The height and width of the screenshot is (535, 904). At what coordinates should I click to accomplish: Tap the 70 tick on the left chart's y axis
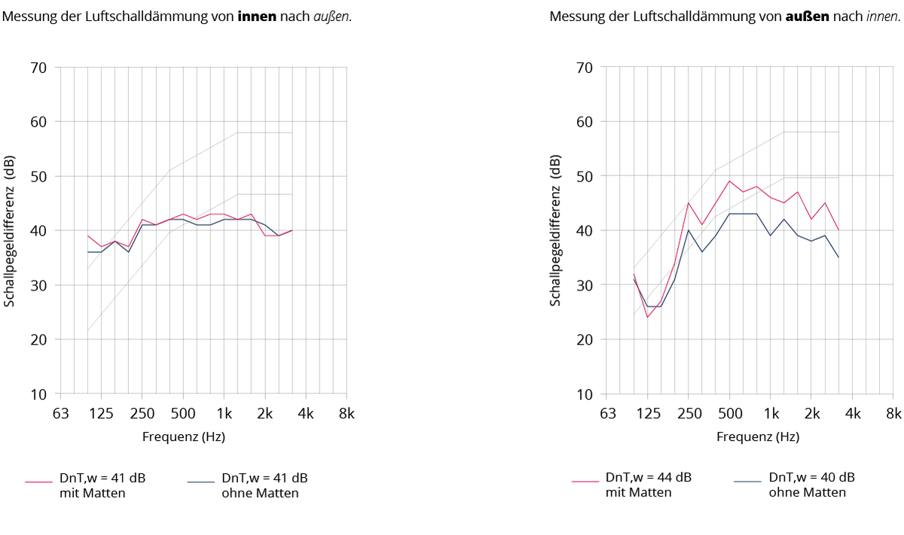pyautogui.click(x=38, y=68)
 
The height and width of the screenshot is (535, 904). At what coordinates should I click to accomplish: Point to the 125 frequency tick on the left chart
pyautogui.click(x=101, y=414)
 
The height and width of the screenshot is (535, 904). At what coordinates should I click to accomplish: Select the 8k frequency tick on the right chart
pyautogui.click(x=893, y=414)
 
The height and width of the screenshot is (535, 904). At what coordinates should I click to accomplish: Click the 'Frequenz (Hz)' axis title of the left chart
pyautogui.click(x=184, y=436)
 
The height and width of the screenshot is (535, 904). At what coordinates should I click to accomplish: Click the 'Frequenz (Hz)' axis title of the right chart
pyautogui.click(x=758, y=436)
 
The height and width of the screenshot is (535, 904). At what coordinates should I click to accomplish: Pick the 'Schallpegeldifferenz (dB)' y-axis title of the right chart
pyautogui.click(x=556, y=230)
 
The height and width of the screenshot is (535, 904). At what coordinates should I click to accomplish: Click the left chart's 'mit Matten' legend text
pyautogui.click(x=93, y=494)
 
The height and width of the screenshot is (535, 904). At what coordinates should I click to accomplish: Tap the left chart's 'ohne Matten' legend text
pyautogui.click(x=260, y=494)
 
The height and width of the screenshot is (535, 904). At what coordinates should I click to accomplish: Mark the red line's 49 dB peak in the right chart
pyautogui.click(x=729, y=181)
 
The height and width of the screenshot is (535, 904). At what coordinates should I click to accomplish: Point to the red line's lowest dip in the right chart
pyautogui.click(x=647, y=317)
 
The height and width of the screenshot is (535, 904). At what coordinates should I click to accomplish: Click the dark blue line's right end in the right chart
pyautogui.click(x=838, y=257)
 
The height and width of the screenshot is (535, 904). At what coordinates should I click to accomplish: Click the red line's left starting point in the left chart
pyautogui.click(x=87, y=236)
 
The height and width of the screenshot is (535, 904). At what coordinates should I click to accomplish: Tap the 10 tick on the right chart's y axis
pyautogui.click(x=585, y=394)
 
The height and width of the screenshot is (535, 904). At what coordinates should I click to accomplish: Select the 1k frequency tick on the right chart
pyautogui.click(x=771, y=414)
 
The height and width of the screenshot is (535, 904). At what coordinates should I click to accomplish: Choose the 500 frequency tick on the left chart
pyautogui.click(x=183, y=414)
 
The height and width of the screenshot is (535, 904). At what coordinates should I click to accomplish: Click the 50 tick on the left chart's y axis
pyautogui.click(x=38, y=176)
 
